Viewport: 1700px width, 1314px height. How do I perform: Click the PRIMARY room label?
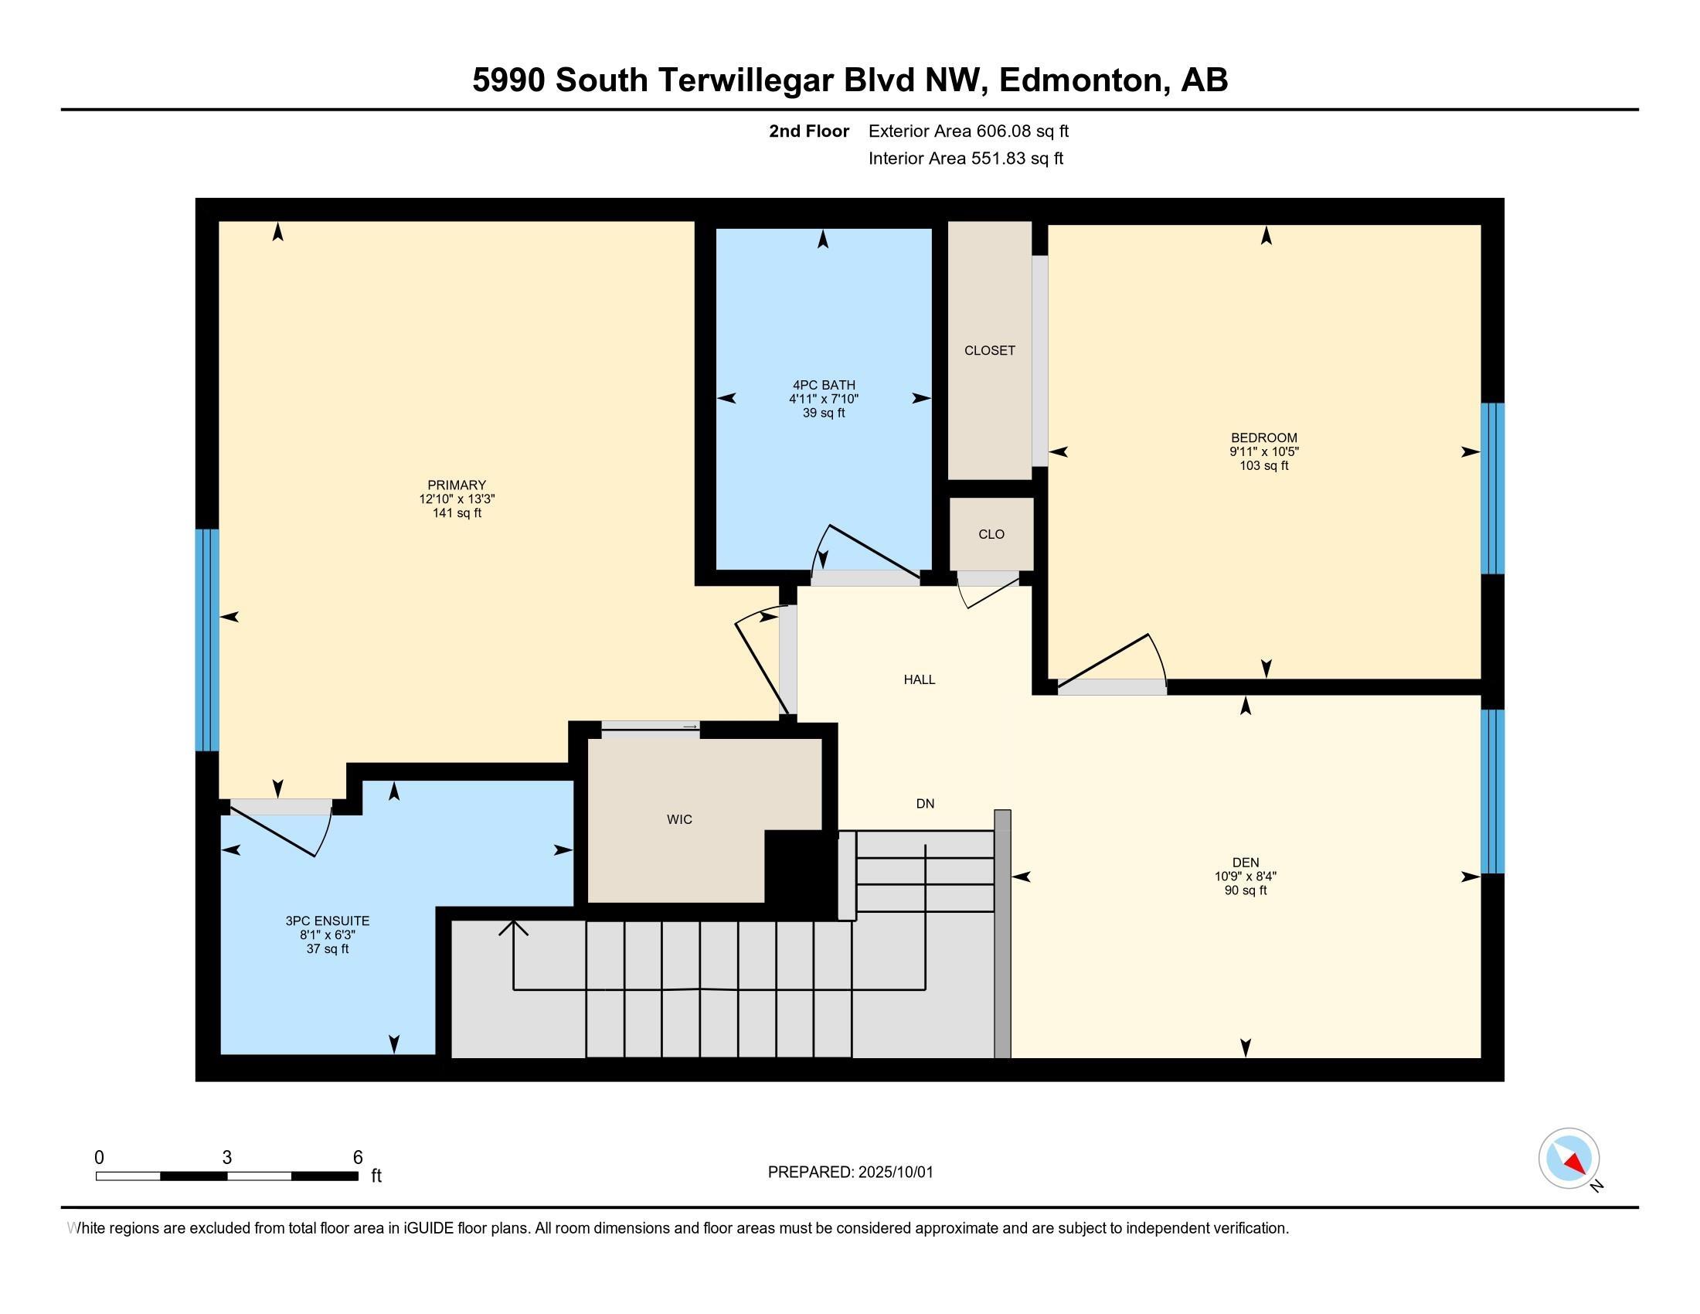457,485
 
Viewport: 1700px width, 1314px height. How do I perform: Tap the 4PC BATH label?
824,385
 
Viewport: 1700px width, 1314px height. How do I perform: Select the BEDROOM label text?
1264,437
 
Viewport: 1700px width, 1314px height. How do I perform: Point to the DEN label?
1246,862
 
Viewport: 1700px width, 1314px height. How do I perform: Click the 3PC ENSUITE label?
327,921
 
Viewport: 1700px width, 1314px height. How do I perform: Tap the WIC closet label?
679,819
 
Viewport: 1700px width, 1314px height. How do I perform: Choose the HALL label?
920,679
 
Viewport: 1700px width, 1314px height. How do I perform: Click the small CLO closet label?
991,534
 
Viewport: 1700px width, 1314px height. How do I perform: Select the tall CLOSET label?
989,350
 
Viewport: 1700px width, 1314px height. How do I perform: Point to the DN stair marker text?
925,803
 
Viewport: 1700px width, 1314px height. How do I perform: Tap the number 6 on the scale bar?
358,1158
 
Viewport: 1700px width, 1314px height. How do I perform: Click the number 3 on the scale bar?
226,1158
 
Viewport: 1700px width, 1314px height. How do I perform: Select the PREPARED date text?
850,1173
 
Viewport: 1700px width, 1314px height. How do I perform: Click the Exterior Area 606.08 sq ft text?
968,131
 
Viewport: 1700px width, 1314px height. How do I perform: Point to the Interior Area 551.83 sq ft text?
965,158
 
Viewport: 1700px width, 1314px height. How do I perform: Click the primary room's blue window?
207,640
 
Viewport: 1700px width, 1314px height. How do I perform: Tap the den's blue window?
1492,791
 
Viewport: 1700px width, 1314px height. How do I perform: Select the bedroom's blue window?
1492,488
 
